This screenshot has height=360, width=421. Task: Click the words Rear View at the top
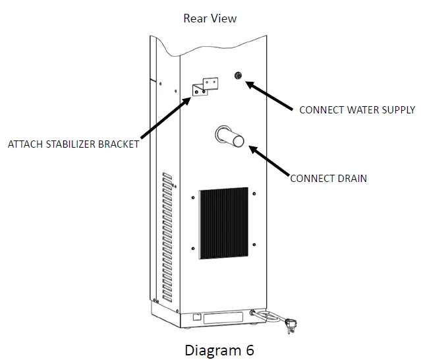[x=210, y=18]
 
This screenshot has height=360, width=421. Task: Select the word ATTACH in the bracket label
[x=24, y=144]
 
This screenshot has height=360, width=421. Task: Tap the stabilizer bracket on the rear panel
[x=204, y=88]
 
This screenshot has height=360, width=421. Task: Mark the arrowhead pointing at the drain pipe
[x=252, y=150]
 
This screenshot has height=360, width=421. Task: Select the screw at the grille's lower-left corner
[x=192, y=249]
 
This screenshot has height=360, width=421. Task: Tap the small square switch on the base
[x=196, y=318]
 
